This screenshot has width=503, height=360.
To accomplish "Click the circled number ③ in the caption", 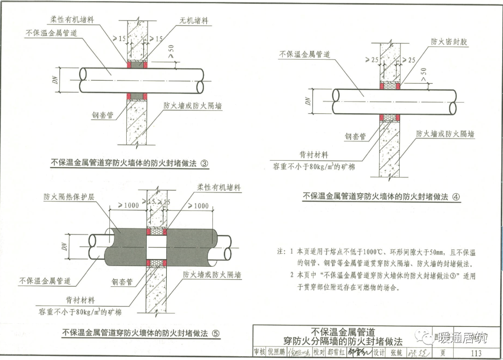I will (204, 163).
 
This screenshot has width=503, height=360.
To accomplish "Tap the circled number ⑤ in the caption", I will (215, 333).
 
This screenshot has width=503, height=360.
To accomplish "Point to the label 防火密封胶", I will (449, 41).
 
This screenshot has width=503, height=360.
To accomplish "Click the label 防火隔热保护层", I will (69, 197).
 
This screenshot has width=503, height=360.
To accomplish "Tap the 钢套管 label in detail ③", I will (102, 115).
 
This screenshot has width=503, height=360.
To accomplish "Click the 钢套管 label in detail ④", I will (355, 136).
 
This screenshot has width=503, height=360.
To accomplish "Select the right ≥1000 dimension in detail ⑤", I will (197, 205).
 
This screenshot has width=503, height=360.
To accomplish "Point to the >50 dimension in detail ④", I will (423, 75).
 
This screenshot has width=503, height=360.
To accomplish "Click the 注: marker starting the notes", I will (281, 252).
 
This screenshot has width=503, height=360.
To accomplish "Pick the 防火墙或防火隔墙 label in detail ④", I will (445, 134).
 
